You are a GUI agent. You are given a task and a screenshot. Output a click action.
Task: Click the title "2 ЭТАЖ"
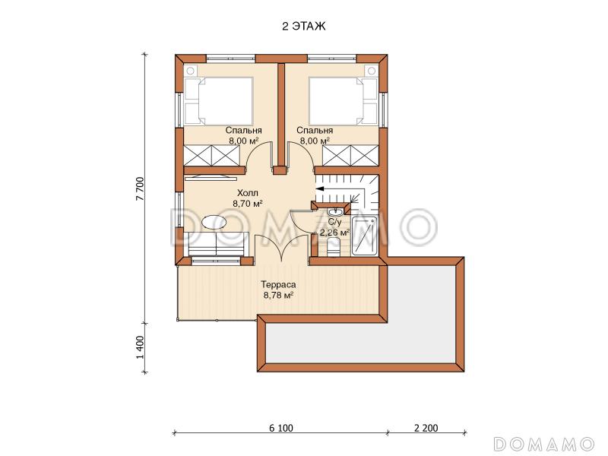coord(303,27)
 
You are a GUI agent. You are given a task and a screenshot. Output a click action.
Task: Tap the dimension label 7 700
coord(140,188)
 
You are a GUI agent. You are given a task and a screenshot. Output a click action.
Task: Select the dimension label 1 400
coord(140,347)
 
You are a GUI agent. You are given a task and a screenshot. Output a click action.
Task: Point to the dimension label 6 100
coord(281,428)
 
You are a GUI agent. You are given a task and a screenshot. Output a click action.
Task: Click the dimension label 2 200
coord(426,428)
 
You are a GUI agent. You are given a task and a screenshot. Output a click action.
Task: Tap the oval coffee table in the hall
coord(214,223)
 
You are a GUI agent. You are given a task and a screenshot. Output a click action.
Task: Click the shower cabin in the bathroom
coord(365,236)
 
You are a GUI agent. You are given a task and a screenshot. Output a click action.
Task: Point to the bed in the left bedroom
coord(219,101)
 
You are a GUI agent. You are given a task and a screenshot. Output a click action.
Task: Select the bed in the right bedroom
coord(344,101)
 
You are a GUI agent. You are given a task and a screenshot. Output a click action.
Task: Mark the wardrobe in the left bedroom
coord(212,155)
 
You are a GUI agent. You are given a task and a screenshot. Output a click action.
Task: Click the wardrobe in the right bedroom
coord(350,155)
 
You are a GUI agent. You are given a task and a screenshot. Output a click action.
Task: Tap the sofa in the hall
coord(219,244)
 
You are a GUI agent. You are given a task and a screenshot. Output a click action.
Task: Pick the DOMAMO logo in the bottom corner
coord(544,443)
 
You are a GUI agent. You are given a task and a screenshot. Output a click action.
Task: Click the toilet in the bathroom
coord(333,248)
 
